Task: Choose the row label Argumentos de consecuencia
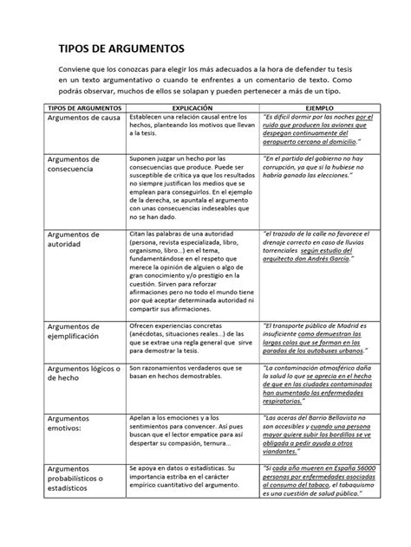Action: click(x=72, y=164)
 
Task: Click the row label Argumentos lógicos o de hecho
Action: click(x=82, y=375)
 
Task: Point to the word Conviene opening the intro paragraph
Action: click(x=75, y=66)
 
